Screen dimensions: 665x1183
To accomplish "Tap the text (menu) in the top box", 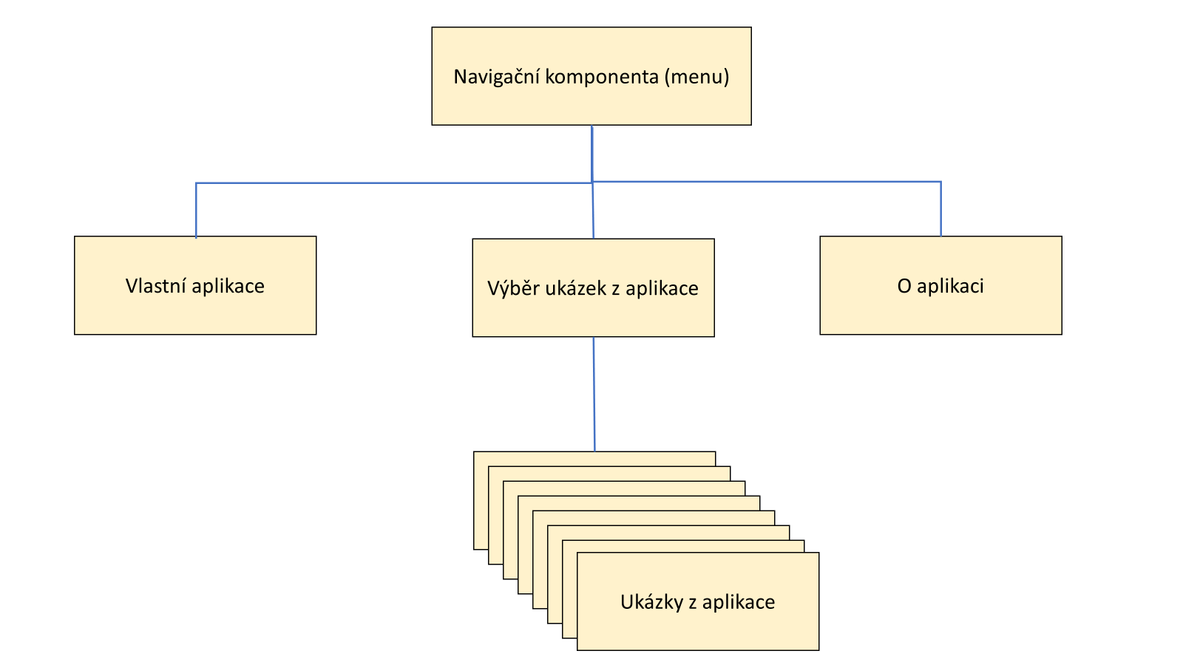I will (696, 77).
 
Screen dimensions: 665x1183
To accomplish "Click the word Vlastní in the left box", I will (156, 286).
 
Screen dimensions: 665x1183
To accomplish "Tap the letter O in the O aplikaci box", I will (904, 286).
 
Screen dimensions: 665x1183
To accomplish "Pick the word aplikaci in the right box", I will (950, 287).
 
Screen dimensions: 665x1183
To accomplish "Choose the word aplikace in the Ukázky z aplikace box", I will (738, 603).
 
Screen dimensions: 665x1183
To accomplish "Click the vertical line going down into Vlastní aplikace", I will (196, 211).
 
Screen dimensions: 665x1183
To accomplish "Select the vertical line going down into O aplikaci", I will (940, 208).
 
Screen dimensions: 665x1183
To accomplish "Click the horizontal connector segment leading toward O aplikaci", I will (769, 182).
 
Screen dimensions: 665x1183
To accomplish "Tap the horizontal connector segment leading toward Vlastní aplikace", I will (392, 183).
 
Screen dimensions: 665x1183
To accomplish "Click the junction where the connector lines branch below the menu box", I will (592, 182).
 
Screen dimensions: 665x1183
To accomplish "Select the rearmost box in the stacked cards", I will (591, 458).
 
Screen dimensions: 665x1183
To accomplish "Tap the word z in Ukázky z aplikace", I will (693, 603).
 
